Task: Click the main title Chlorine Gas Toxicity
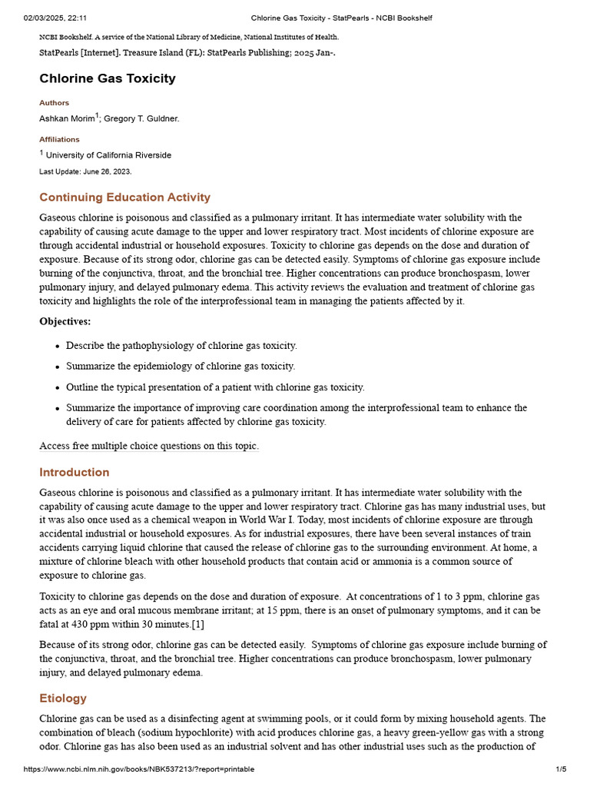coord(108,78)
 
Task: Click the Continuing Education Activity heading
coord(124,198)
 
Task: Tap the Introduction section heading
coord(75,472)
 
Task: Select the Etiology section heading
coord(63,698)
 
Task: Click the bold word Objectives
coord(65,321)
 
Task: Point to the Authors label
coord(54,103)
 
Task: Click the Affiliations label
coord(59,140)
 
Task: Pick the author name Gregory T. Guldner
coord(141,118)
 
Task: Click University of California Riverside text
coord(108,155)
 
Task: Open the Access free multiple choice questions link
coord(149,446)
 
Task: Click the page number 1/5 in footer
coord(561,769)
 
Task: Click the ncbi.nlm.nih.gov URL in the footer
coord(138,769)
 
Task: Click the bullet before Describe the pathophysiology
coord(58,347)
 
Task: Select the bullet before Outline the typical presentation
coord(58,388)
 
